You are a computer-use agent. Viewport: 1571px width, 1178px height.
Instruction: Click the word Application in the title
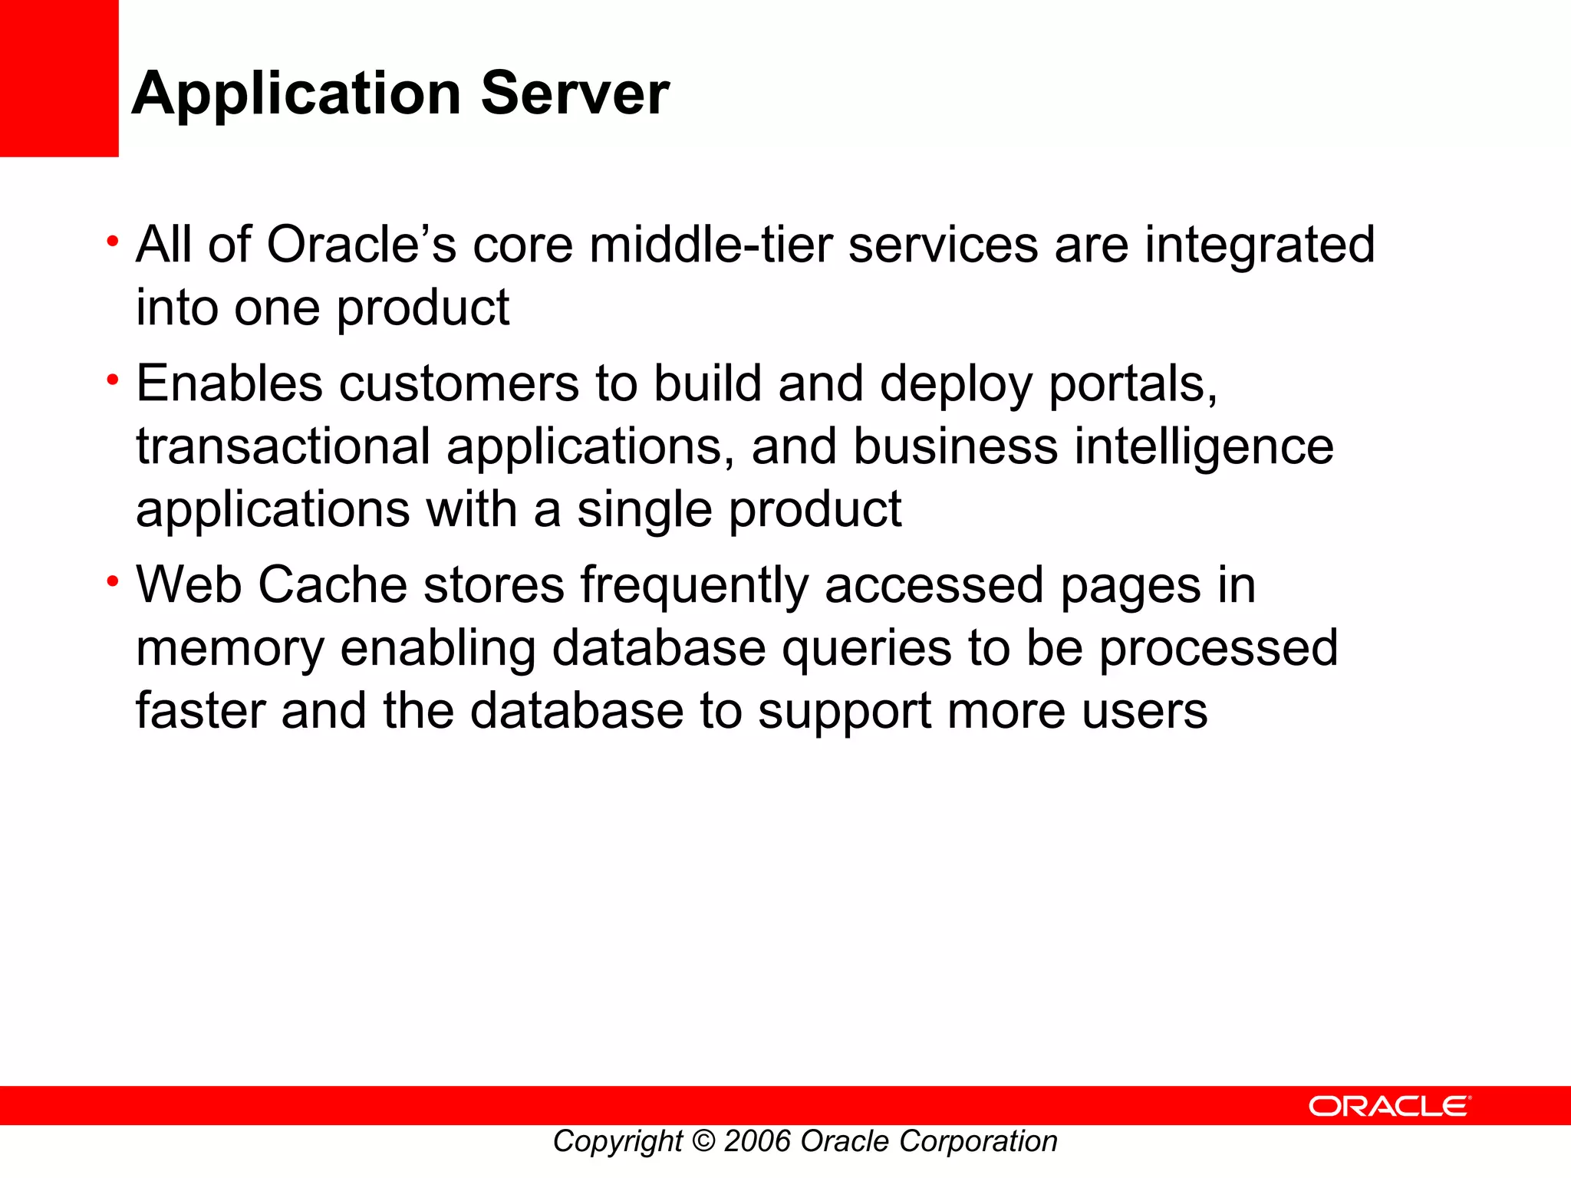pos(296,94)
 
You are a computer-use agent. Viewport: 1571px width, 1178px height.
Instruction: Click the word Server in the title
pos(575,94)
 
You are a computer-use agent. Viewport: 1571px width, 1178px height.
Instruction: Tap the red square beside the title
pos(58,77)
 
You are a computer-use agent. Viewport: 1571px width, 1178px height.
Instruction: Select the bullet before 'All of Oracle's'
pos(113,242)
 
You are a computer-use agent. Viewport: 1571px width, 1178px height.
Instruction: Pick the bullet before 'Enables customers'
pos(113,380)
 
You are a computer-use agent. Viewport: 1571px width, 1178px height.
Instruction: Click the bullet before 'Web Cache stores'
pos(113,581)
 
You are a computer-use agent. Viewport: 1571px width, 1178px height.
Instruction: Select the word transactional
pos(283,446)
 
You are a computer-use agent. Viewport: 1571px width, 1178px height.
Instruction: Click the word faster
pos(200,710)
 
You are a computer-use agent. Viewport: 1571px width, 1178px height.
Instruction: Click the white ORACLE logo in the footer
pos(1389,1106)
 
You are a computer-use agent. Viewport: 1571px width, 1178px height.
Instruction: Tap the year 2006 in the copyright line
pos(756,1141)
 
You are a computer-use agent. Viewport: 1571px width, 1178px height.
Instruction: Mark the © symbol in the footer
pos(703,1141)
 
